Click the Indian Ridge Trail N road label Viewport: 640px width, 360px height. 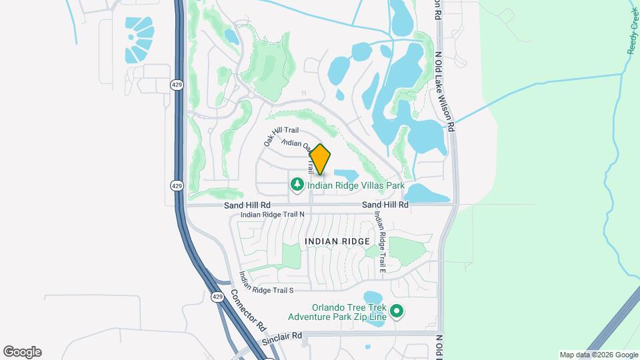tap(272, 215)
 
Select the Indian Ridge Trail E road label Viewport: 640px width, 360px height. tap(379, 242)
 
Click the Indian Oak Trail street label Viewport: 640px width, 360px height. tap(297, 144)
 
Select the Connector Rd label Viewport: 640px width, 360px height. tap(249, 311)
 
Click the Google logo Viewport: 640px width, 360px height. tap(22, 352)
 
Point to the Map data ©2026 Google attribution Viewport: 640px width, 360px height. tap(598, 355)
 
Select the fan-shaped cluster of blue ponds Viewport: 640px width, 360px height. tap(139, 39)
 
